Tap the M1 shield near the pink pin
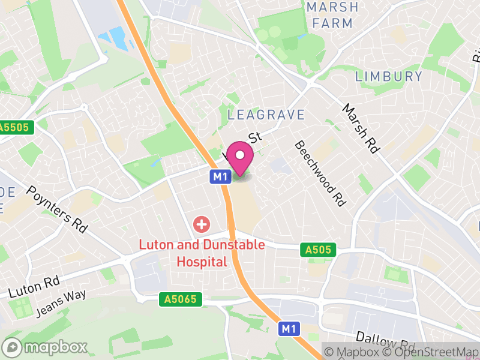coord(220,176)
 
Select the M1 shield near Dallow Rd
coord(289,328)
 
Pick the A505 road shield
coord(318,249)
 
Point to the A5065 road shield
coord(181,299)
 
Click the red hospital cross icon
coord(201,225)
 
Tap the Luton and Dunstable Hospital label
coord(183,253)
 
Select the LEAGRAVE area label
coord(266,115)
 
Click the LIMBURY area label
coord(389,76)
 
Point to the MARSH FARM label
coord(332,16)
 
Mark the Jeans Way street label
coord(61,304)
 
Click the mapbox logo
coord(46,347)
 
